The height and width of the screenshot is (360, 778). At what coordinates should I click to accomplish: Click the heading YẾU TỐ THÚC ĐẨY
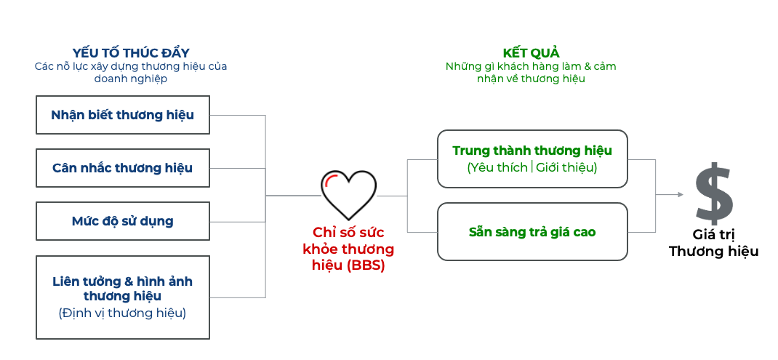[x=131, y=53]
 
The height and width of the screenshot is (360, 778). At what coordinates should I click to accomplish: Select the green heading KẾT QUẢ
[x=531, y=53]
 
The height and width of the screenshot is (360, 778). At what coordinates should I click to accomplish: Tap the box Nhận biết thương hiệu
[x=123, y=115]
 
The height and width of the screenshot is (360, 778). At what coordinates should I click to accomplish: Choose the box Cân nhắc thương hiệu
[x=123, y=168]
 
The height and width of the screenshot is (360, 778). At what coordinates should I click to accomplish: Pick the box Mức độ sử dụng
[x=123, y=221]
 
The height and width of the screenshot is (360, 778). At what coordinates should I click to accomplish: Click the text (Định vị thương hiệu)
[x=122, y=313]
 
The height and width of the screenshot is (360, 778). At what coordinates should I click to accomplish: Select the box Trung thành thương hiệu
[x=532, y=159]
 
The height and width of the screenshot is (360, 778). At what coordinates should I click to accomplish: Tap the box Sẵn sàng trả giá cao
[x=532, y=231]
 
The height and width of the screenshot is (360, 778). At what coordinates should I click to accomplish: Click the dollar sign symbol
[x=714, y=193]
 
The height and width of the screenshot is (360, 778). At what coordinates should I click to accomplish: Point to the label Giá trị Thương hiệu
[x=713, y=244]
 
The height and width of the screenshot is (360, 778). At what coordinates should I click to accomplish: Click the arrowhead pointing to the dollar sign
[x=680, y=195]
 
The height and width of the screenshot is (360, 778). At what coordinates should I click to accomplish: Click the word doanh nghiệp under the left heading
[x=131, y=79]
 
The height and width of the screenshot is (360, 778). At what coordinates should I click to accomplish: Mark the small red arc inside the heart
[x=331, y=179]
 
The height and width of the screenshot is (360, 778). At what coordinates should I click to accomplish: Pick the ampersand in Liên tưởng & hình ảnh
[x=128, y=281]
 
